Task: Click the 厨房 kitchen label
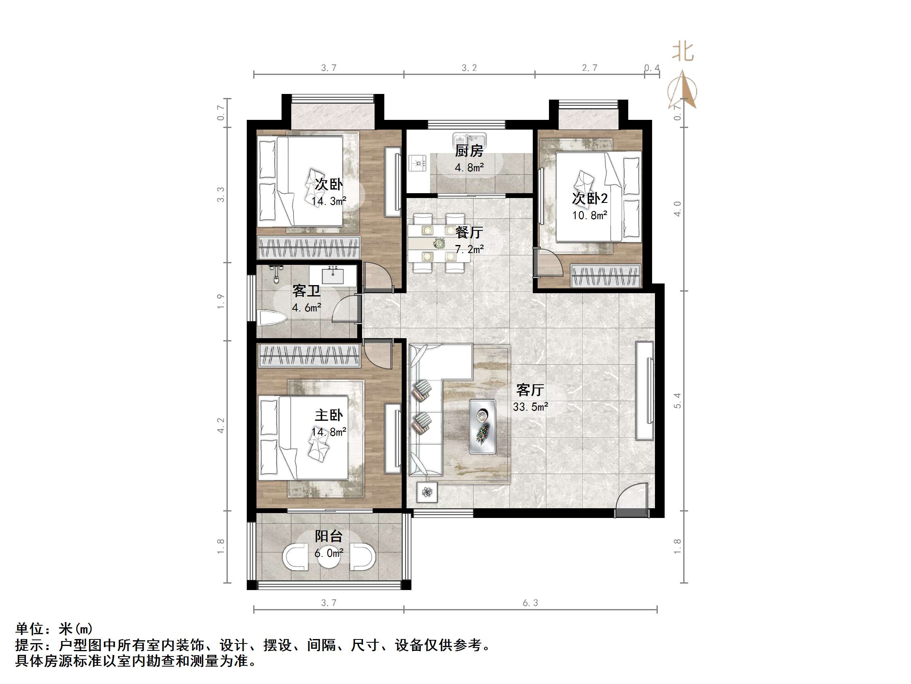point(469,151)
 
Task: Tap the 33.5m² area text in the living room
point(530,407)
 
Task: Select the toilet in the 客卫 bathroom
point(271,318)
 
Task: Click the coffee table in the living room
point(483,426)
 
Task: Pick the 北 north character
point(683,52)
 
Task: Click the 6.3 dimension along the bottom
point(530,603)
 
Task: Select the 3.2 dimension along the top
point(469,68)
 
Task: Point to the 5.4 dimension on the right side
point(678,401)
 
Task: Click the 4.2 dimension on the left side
point(221,425)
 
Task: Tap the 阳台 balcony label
point(328,536)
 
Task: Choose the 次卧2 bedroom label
point(589,198)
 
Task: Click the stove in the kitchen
point(418,163)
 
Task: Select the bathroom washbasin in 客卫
point(333,275)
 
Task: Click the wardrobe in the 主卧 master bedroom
point(309,356)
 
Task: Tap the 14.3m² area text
point(328,201)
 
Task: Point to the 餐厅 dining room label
point(469,232)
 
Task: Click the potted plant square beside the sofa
point(427,492)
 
